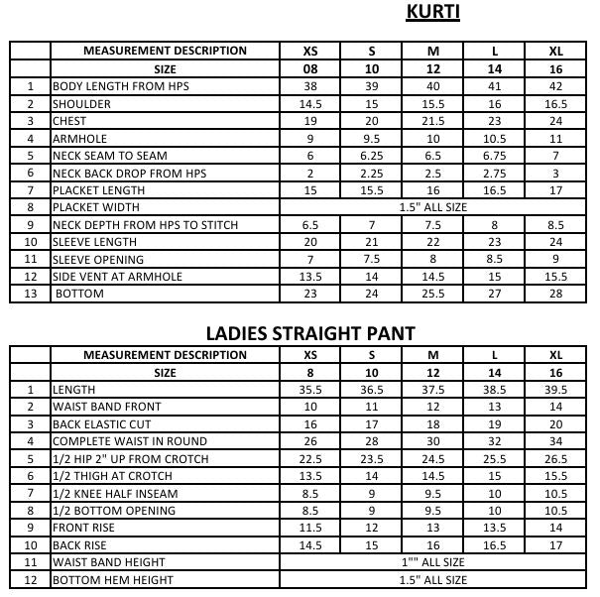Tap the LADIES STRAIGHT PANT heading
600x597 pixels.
point(309,332)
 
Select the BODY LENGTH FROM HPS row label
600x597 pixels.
point(120,87)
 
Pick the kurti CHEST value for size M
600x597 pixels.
point(433,121)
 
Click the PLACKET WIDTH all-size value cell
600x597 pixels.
point(432,207)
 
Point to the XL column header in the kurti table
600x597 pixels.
point(556,52)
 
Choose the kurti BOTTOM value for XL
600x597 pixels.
point(556,294)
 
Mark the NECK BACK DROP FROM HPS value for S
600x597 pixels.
point(372,173)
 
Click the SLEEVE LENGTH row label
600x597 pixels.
point(94,242)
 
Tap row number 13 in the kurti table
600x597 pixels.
point(31,294)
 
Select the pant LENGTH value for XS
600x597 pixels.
point(310,390)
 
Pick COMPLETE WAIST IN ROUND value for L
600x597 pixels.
point(495,441)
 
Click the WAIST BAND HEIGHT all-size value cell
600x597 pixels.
point(432,562)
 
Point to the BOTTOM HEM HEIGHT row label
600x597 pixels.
point(112,580)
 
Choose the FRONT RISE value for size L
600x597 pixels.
point(495,528)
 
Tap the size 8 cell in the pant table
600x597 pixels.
point(310,373)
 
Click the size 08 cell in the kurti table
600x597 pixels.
point(310,69)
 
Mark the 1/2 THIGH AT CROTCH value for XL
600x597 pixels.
point(556,476)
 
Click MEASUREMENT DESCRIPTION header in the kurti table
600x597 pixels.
point(165,52)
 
